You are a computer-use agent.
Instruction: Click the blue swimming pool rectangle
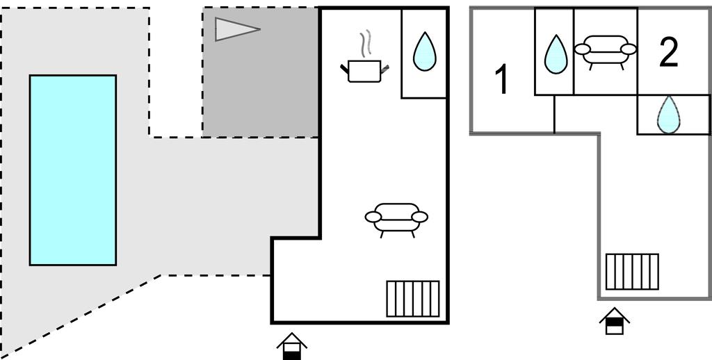(x=72, y=170)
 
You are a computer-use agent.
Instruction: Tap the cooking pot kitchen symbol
(x=364, y=71)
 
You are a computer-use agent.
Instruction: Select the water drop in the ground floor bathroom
(x=423, y=52)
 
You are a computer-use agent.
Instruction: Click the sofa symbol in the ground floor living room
(x=396, y=217)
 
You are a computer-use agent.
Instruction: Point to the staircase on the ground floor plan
(x=413, y=298)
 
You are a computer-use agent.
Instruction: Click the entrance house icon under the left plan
(x=292, y=345)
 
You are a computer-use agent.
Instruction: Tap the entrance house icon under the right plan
(x=615, y=321)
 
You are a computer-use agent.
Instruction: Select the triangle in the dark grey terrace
(x=235, y=29)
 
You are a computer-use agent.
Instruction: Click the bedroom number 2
(x=668, y=53)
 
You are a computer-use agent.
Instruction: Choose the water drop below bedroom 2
(x=668, y=115)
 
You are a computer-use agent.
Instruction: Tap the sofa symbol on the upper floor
(x=606, y=51)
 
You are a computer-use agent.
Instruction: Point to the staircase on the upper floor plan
(x=632, y=271)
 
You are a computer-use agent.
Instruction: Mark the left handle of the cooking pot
(x=344, y=67)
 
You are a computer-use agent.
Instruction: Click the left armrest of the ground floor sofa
(x=373, y=217)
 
